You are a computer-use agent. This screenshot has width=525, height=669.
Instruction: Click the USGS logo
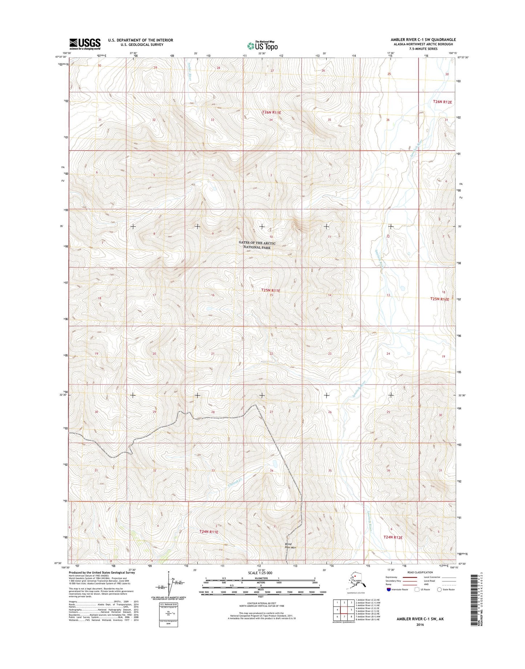pos(85,44)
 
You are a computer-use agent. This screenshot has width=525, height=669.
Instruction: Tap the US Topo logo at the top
pos(262,45)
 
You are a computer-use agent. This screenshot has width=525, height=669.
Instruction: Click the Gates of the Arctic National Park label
pos(257,245)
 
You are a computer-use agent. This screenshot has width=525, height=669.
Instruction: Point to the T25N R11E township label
pos(271,291)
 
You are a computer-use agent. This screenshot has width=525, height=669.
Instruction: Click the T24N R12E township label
pos(393,537)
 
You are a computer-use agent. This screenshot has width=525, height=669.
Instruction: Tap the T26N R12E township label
pos(442,102)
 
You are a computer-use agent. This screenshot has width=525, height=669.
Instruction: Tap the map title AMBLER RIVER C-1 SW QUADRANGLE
pos(423,40)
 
